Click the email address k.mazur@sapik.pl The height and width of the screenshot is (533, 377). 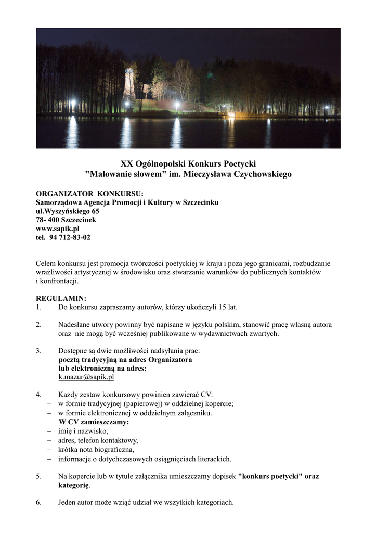(86, 377)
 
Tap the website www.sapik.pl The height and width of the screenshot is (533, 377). (57, 229)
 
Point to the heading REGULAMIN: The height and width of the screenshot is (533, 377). (61, 298)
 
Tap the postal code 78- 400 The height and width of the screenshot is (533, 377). (47, 220)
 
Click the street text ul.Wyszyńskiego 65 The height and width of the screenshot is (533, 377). (68, 211)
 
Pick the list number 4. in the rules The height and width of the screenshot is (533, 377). (38, 395)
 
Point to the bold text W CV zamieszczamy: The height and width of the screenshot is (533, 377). (94, 422)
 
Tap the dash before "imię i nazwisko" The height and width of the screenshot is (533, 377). (49, 431)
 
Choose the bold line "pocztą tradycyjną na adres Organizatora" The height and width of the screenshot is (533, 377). (125, 359)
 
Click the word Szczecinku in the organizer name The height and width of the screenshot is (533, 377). (199, 202)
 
